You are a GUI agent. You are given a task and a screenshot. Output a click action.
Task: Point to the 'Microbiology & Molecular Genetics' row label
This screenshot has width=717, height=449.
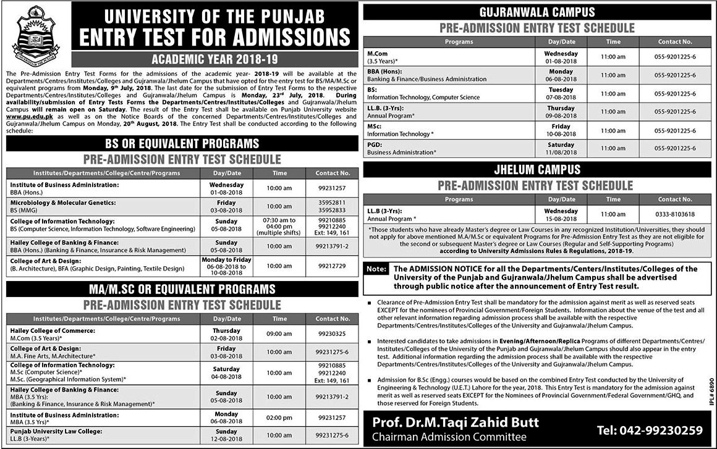[63, 202]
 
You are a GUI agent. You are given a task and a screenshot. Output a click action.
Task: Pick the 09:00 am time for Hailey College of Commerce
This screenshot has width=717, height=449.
[279, 334]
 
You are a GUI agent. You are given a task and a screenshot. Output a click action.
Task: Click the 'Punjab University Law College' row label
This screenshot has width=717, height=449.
[56, 431]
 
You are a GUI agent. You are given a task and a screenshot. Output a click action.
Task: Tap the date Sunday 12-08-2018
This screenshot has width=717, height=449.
[226, 435]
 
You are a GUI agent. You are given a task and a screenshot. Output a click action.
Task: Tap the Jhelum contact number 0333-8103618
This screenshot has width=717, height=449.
[675, 214]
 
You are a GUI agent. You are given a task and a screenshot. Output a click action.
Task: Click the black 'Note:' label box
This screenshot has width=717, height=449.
[377, 270]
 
